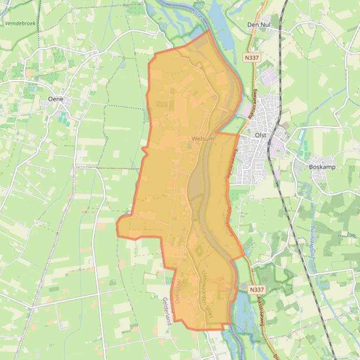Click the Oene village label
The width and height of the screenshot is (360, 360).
coord(56,99)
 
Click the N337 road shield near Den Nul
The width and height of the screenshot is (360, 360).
coord(251,57)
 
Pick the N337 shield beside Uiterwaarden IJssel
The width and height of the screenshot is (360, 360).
coord(257,290)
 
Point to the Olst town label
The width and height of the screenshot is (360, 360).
coord(260,135)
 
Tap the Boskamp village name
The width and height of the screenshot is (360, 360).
coord(322,167)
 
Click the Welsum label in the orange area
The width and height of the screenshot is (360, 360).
coord(203,139)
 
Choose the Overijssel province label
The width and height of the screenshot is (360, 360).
coord(178,291)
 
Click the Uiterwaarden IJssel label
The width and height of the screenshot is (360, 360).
coord(206,295)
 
